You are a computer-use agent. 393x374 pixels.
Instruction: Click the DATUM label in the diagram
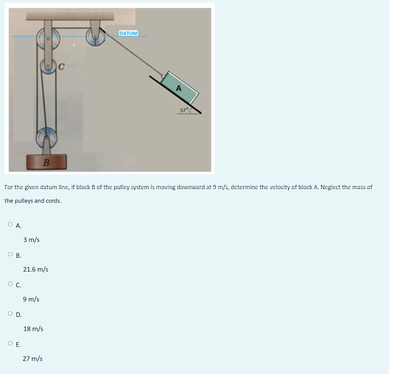pyautogui.click(x=129, y=33)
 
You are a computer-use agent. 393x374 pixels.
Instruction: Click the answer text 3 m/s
pyautogui.click(x=31, y=240)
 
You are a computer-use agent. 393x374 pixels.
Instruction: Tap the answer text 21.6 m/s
pyautogui.click(x=36, y=269)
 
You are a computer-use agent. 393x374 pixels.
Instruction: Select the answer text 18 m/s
pyautogui.click(x=33, y=329)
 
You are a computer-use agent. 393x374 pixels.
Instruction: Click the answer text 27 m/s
pyautogui.click(x=33, y=359)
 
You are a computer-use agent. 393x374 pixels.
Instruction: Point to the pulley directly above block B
pyautogui.click(x=47, y=137)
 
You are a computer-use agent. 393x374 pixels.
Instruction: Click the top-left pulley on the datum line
pyautogui.click(x=48, y=39)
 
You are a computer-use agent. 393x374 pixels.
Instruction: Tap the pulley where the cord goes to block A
pyautogui.click(x=95, y=38)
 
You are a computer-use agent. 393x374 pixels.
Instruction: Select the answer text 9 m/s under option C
pyautogui.click(x=31, y=299)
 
